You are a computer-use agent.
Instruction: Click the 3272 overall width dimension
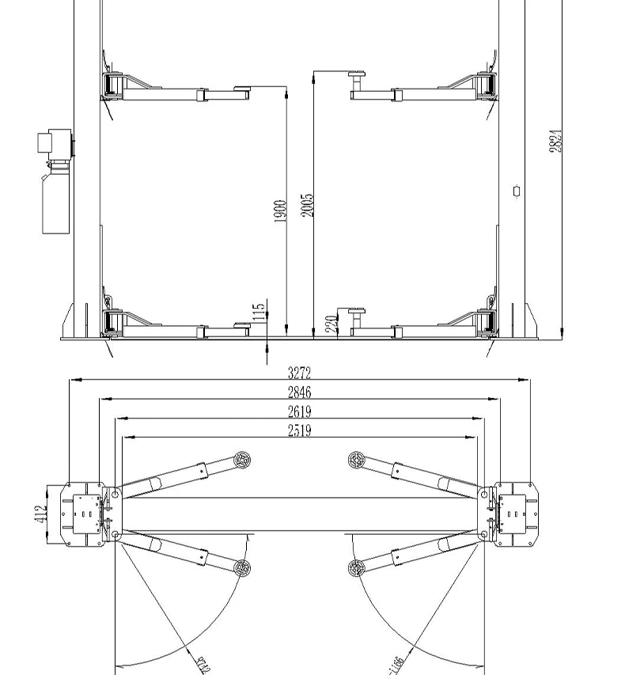pyautogui.click(x=299, y=373)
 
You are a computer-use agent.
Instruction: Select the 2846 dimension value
pyautogui.click(x=299, y=392)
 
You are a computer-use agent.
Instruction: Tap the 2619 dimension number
pyautogui.click(x=299, y=411)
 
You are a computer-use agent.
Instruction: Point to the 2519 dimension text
pyautogui.click(x=299, y=430)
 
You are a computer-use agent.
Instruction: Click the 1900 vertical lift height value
pyautogui.click(x=279, y=210)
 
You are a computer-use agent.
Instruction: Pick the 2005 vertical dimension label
pyautogui.click(x=307, y=205)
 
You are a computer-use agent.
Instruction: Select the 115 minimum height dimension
pyautogui.click(x=259, y=313)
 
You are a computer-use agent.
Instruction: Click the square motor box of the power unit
pyautogui.click(x=45, y=144)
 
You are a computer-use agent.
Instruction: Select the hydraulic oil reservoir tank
pyautogui.click(x=53, y=204)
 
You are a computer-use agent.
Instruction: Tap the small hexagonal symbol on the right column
pyautogui.click(x=517, y=191)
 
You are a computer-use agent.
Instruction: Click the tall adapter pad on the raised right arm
pyautogui.click(x=356, y=80)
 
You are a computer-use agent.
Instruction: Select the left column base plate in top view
pyautogui.click(x=81, y=513)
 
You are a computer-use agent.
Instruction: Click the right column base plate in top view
pyautogui.click(x=515, y=513)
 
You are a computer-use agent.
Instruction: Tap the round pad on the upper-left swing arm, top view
pyautogui.click(x=242, y=459)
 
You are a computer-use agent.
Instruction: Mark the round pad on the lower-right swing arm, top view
pyautogui.click(x=356, y=567)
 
